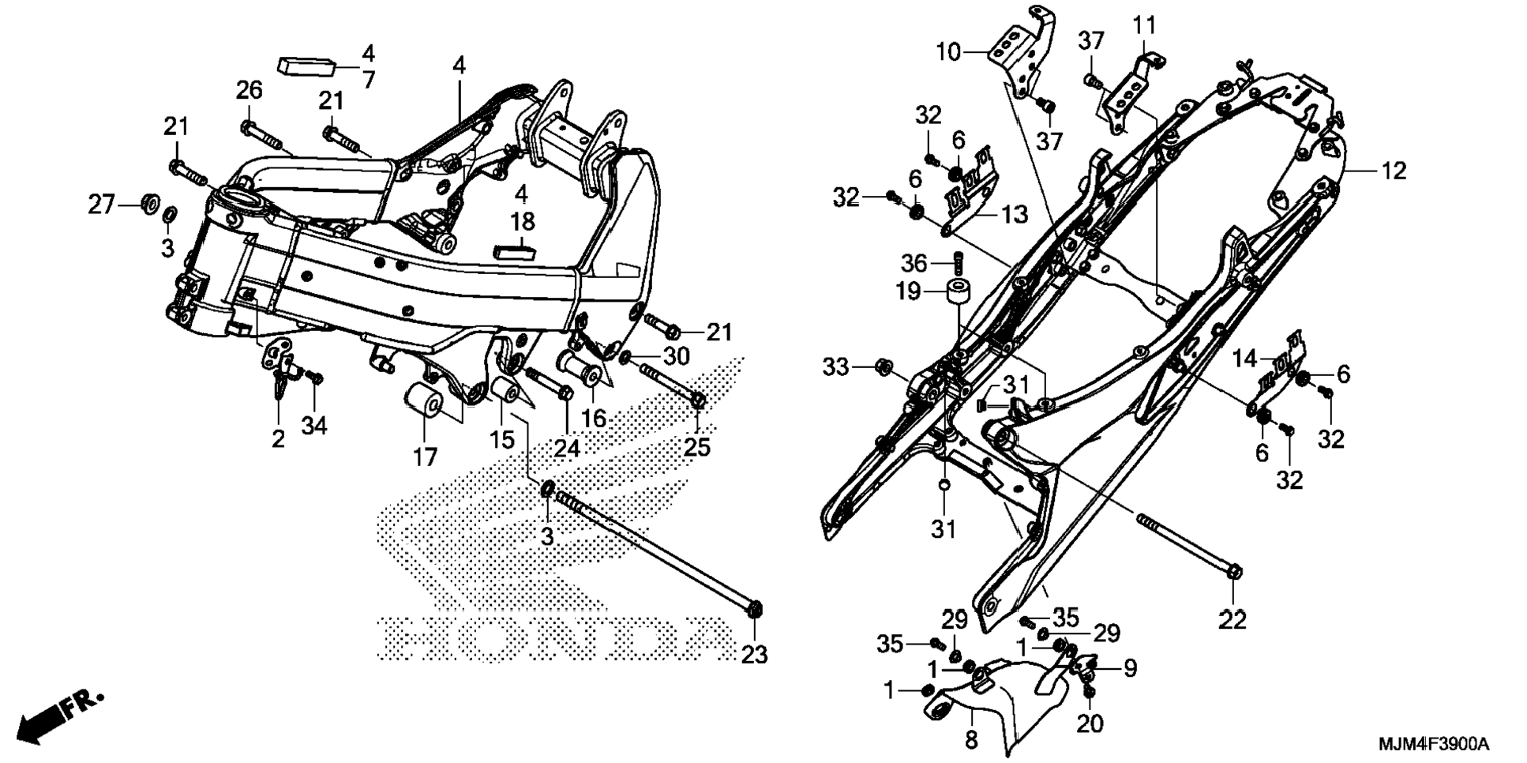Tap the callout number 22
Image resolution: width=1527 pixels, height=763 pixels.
(1232, 621)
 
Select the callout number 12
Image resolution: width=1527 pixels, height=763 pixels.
(1394, 171)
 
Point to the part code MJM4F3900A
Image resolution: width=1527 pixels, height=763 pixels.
(1433, 744)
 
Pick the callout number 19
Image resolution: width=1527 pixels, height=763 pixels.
(909, 291)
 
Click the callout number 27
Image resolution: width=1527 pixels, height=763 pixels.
(101, 205)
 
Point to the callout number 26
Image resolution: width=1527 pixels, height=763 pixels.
(249, 91)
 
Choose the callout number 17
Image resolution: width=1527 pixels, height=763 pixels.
(424, 457)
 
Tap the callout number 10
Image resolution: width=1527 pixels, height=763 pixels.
(948, 53)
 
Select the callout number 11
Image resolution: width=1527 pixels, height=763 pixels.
(1144, 26)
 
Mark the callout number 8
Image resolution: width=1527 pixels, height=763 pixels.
(971, 740)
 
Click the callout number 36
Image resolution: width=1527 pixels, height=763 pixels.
(914, 262)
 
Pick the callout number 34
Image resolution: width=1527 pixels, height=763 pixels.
(313, 426)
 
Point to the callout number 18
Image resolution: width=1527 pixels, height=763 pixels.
(523, 222)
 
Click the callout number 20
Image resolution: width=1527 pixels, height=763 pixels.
(1090, 724)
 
